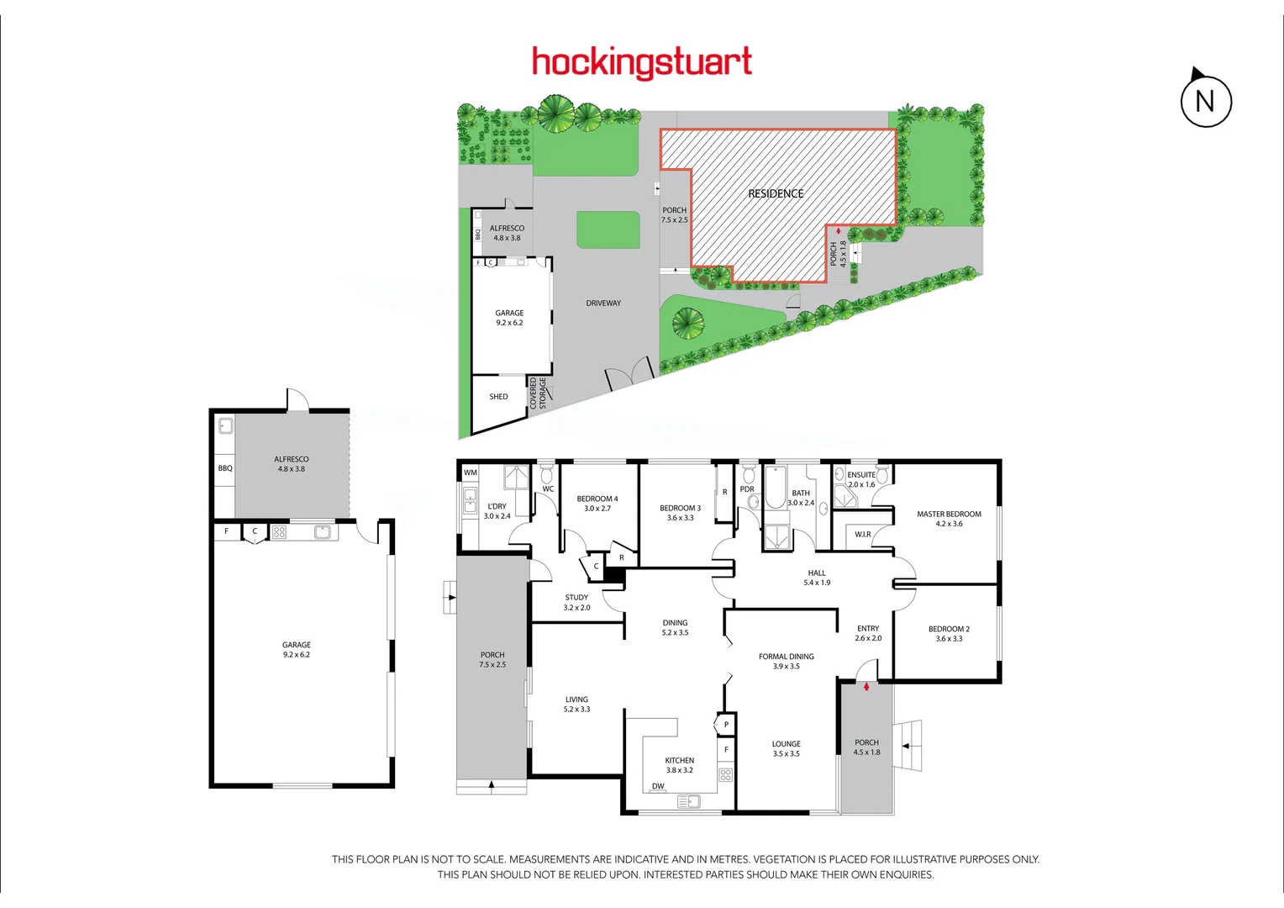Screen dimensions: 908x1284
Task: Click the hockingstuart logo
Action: point(642,63)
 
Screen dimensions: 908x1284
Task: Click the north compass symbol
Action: point(1206,101)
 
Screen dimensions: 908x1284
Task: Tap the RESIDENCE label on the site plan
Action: point(776,193)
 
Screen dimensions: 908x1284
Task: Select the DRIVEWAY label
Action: point(603,304)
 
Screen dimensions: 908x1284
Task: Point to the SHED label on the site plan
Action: point(498,397)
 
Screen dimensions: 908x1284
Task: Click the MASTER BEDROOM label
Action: point(949,515)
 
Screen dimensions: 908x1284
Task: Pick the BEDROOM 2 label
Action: point(949,629)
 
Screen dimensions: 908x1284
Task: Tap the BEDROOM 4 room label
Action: point(597,499)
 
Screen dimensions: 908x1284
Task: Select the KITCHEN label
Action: point(680,761)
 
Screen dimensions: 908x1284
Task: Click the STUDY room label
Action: point(576,598)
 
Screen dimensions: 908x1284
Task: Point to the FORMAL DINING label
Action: point(786,657)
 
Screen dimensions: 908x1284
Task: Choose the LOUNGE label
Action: point(786,744)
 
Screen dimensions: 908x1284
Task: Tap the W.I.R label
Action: point(863,535)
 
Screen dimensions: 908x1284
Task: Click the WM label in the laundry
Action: point(471,472)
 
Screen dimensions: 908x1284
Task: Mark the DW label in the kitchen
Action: point(658,787)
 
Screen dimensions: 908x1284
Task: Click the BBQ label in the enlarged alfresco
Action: point(225,468)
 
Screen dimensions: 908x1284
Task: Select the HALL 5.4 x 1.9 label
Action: point(817,578)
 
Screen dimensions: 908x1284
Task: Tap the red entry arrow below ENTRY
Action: point(866,686)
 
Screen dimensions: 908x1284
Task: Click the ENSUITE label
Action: point(861,475)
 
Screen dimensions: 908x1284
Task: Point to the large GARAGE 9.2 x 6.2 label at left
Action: point(297,649)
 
